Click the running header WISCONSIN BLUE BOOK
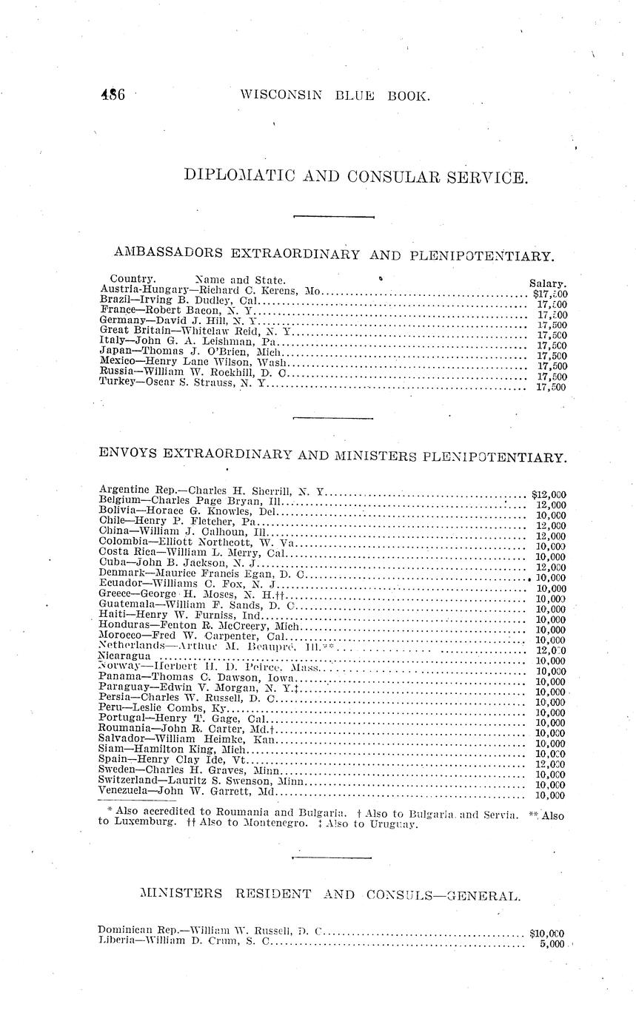[x=335, y=95]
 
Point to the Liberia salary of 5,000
[x=552, y=944]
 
